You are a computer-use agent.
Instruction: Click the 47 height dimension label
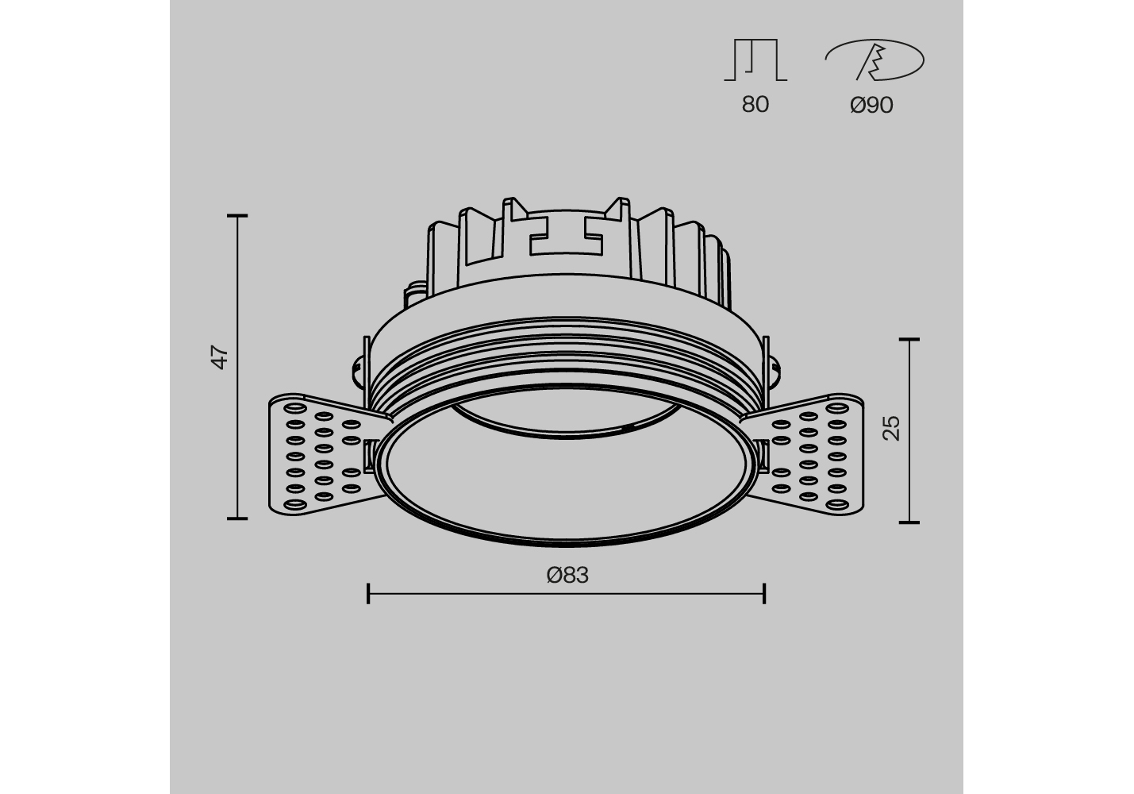[220, 357]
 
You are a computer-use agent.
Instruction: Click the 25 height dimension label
[891, 428]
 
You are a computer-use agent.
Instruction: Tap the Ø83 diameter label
[567, 575]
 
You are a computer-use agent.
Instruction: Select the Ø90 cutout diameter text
[871, 106]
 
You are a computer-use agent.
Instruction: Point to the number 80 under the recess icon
[755, 104]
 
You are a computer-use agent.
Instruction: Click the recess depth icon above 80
[755, 60]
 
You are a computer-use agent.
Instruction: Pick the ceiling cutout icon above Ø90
[875, 60]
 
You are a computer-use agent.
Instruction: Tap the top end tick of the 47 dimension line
[237, 216]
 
